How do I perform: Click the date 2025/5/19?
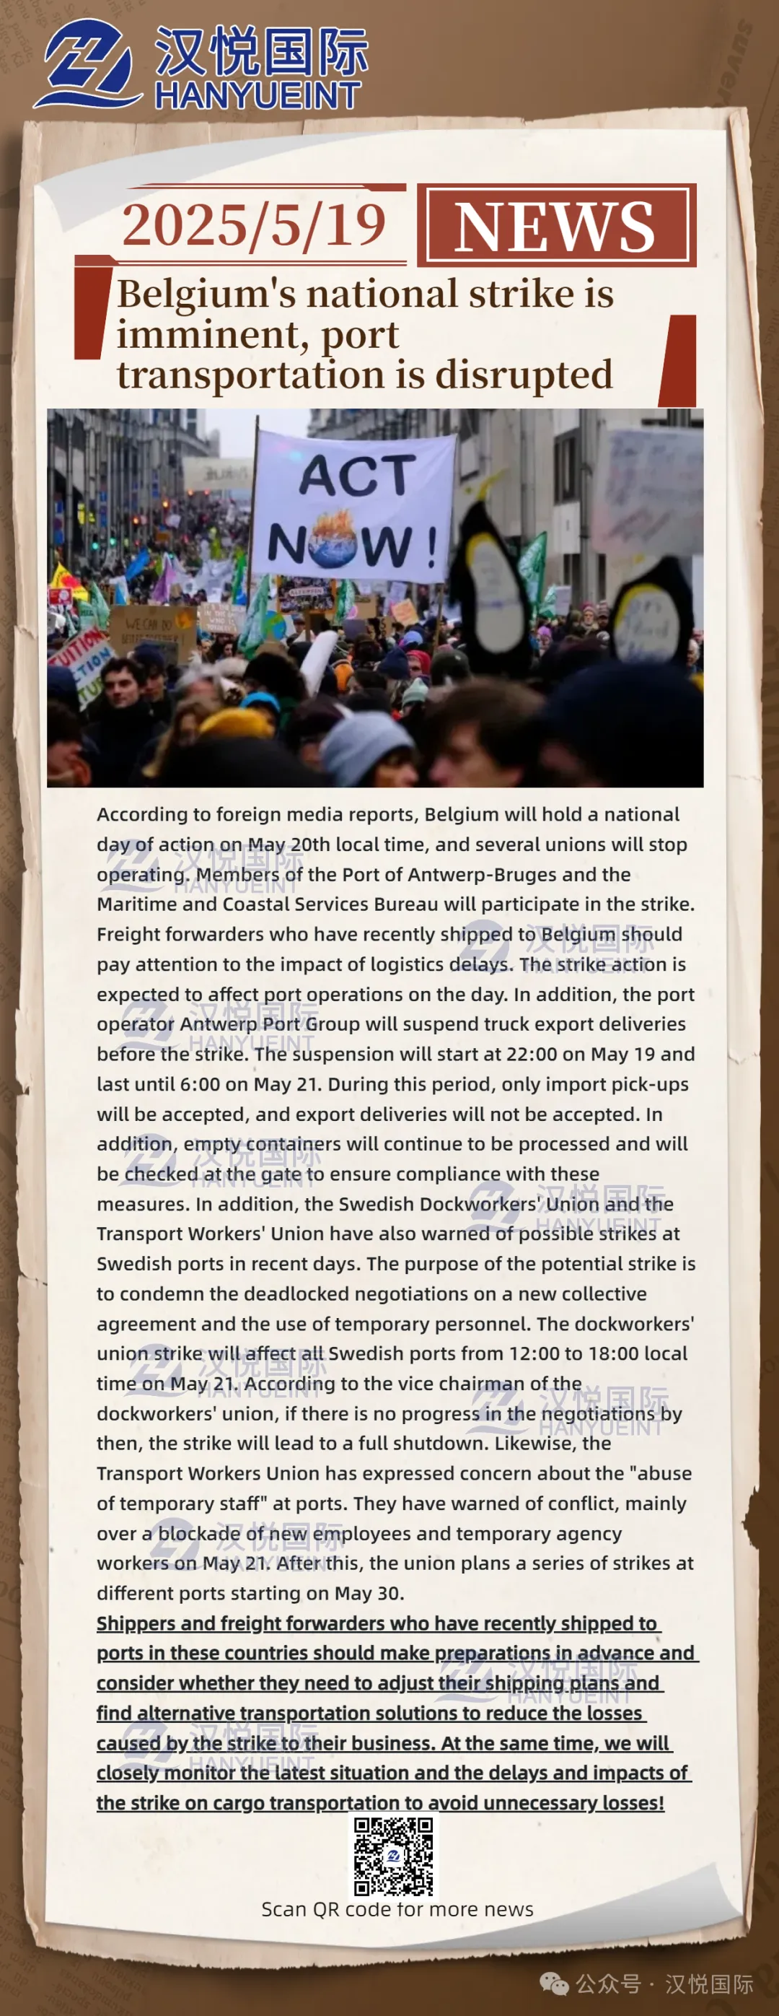coord(253,224)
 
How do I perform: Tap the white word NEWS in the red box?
coord(555,227)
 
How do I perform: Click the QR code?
coord(392,1856)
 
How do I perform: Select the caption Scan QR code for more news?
coord(397,1908)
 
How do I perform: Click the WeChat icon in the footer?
coord(554,1983)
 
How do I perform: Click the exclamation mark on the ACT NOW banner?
coord(431,548)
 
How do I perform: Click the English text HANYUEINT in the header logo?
coord(258,96)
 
